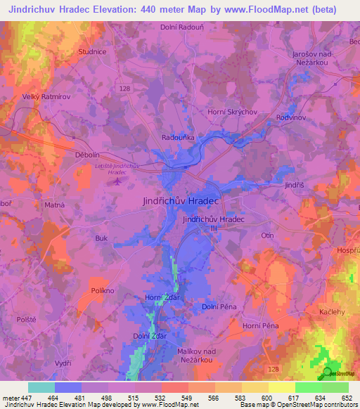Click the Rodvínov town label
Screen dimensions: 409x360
coord(291,117)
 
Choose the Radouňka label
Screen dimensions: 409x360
coord(178,138)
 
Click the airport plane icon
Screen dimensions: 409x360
coord(116,181)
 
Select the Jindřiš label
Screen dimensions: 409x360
coord(294,185)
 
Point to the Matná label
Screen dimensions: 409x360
coord(56,205)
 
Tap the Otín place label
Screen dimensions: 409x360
coord(266,235)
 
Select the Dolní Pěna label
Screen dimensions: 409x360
coord(219,306)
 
